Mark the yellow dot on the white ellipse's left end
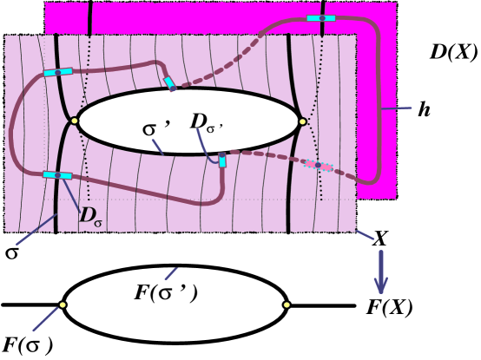click(75, 120)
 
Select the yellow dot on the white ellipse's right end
click(302, 121)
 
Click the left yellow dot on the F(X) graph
click(63, 304)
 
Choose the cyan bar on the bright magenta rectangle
click(323, 17)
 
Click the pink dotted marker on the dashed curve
click(319, 165)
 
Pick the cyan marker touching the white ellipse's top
click(170, 83)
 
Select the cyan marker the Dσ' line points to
click(223, 160)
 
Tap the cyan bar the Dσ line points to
click(56, 175)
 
